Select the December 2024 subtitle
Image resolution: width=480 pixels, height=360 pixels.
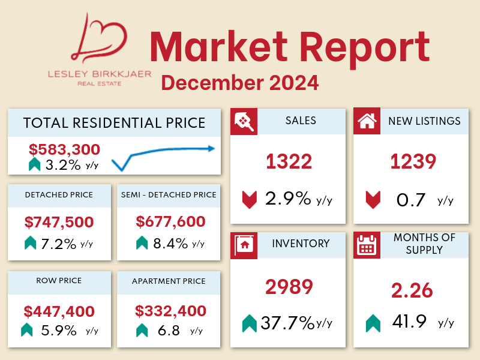point(240,82)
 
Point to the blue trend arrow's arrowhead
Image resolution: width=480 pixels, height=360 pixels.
point(212,148)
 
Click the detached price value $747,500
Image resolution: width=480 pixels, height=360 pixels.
point(59,222)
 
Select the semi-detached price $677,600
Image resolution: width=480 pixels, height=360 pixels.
point(170,222)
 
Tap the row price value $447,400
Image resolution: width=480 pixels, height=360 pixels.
point(59,311)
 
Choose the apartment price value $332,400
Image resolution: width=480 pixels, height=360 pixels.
point(170,311)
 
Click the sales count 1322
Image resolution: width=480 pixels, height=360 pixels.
point(289,161)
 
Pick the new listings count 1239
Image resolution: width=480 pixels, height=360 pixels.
point(413,161)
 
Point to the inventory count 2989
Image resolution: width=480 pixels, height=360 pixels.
point(289,287)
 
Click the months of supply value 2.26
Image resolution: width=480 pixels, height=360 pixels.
point(412,290)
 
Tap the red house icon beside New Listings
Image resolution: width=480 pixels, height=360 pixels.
point(366,121)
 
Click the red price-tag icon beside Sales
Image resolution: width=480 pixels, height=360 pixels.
point(244,121)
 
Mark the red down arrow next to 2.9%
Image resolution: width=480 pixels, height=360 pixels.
point(249,199)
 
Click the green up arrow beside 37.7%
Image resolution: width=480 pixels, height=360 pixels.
point(249,324)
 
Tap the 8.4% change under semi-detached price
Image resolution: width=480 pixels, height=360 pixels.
point(166,243)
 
